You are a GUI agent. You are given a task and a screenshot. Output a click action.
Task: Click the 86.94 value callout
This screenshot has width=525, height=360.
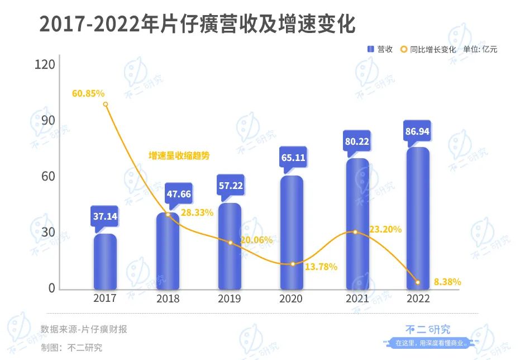click(418, 132)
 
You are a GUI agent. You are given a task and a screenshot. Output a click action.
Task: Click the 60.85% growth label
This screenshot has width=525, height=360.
click(88, 93)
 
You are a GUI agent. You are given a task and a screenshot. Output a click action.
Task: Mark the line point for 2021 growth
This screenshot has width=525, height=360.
click(355, 232)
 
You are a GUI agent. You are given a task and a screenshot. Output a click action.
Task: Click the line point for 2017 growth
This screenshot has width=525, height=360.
click(106, 105)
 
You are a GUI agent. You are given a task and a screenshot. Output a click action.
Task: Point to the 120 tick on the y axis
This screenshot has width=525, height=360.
click(45, 64)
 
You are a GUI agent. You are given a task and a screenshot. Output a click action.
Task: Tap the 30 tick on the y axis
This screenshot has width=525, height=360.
click(48, 232)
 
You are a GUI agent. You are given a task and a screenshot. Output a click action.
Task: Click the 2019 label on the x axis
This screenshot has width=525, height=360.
click(230, 299)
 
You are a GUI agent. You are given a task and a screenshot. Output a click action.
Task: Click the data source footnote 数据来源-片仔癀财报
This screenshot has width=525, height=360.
click(84, 329)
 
